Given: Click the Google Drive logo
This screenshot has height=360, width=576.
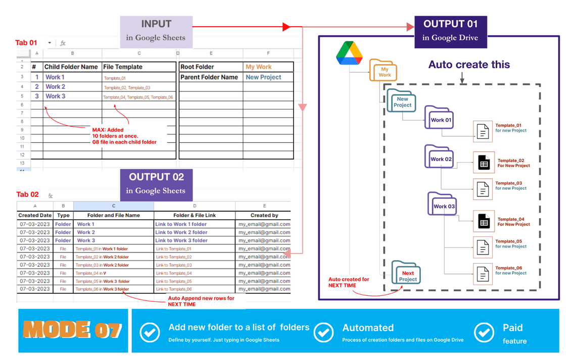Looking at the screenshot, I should [x=350, y=53].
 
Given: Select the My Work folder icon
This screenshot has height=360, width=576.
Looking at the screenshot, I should [x=383, y=71].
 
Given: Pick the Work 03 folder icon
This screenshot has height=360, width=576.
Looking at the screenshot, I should [x=442, y=204].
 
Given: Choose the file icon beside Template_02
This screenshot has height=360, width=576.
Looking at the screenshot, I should [x=484, y=163].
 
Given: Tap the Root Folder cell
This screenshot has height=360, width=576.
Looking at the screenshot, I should [x=211, y=67].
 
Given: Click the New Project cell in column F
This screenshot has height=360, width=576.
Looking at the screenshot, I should [x=268, y=77].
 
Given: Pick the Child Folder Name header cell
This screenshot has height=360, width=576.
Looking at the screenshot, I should [x=71, y=67].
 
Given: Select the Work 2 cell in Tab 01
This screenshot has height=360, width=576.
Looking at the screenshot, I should [x=71, y=87].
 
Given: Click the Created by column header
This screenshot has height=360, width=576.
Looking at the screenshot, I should [x=264, y=215].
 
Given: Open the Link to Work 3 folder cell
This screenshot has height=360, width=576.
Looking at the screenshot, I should [x=195, y=240].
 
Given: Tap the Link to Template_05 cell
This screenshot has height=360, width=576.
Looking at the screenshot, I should [x=195, y=281].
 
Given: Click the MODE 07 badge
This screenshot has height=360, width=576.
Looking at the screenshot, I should [x=73, y=330].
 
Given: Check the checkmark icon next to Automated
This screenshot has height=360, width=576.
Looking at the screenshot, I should [x=323, y=333].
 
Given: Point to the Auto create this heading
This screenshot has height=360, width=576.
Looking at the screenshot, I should [x=469, y=65].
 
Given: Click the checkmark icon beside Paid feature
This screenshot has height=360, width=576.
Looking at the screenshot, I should [x=484, y=332].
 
